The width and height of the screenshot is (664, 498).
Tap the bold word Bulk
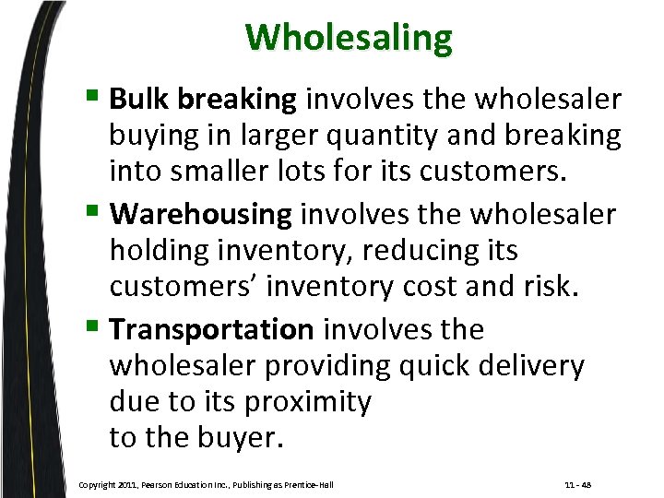coord(139,98)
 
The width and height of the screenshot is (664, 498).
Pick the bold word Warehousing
coord(200,215)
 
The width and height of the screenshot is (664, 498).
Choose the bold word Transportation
coord(212,329)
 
